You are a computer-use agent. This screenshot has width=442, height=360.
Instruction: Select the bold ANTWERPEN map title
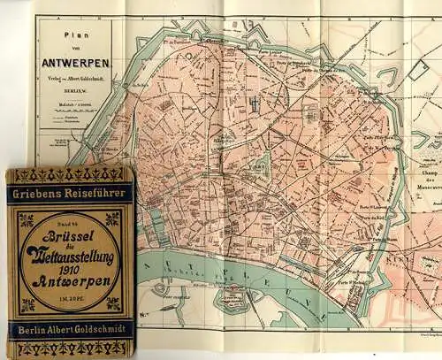click(x=74, y=63)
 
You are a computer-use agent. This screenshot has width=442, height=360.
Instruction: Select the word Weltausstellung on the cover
click(x=71, y=250)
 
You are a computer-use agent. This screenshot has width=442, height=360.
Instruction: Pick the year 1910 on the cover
click(x=71, y=267)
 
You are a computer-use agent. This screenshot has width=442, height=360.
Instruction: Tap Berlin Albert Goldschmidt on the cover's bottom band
click(x=70, y=330)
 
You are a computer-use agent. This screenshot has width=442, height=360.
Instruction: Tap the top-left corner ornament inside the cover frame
click(x=26, y=218)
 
